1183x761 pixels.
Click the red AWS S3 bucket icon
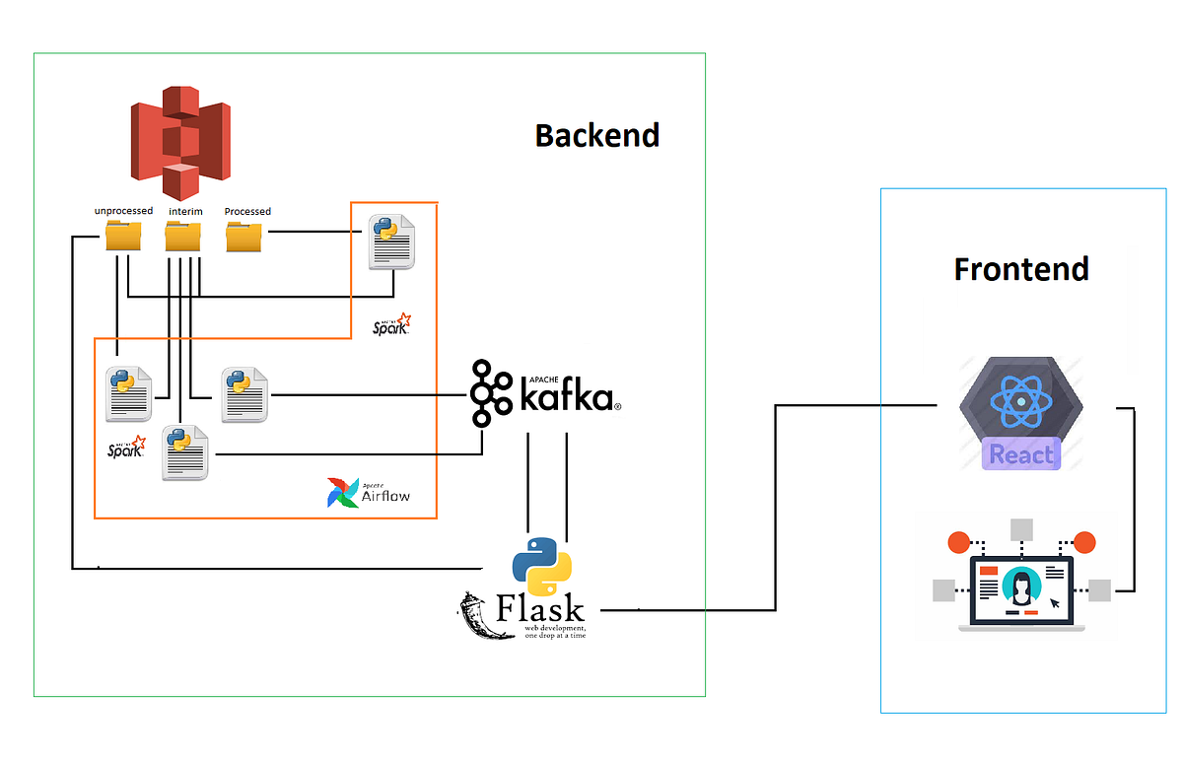(180, 142)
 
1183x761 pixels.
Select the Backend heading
(596, 135)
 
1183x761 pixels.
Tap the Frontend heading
(1020, 268)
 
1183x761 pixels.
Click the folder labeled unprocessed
(123, 237)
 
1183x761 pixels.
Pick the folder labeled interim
(183, 237)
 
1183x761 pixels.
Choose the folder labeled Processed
(244, 237)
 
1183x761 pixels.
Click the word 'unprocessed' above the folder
(123, 210)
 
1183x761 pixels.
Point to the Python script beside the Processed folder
(391, 241)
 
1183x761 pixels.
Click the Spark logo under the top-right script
(392, 324)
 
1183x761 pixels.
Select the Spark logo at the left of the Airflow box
(126, 448)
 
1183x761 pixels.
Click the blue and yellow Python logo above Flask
(541, 566)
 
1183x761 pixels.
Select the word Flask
(540, 608)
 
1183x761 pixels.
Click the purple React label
(1020, 454)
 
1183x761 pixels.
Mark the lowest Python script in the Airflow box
(185, 452)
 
